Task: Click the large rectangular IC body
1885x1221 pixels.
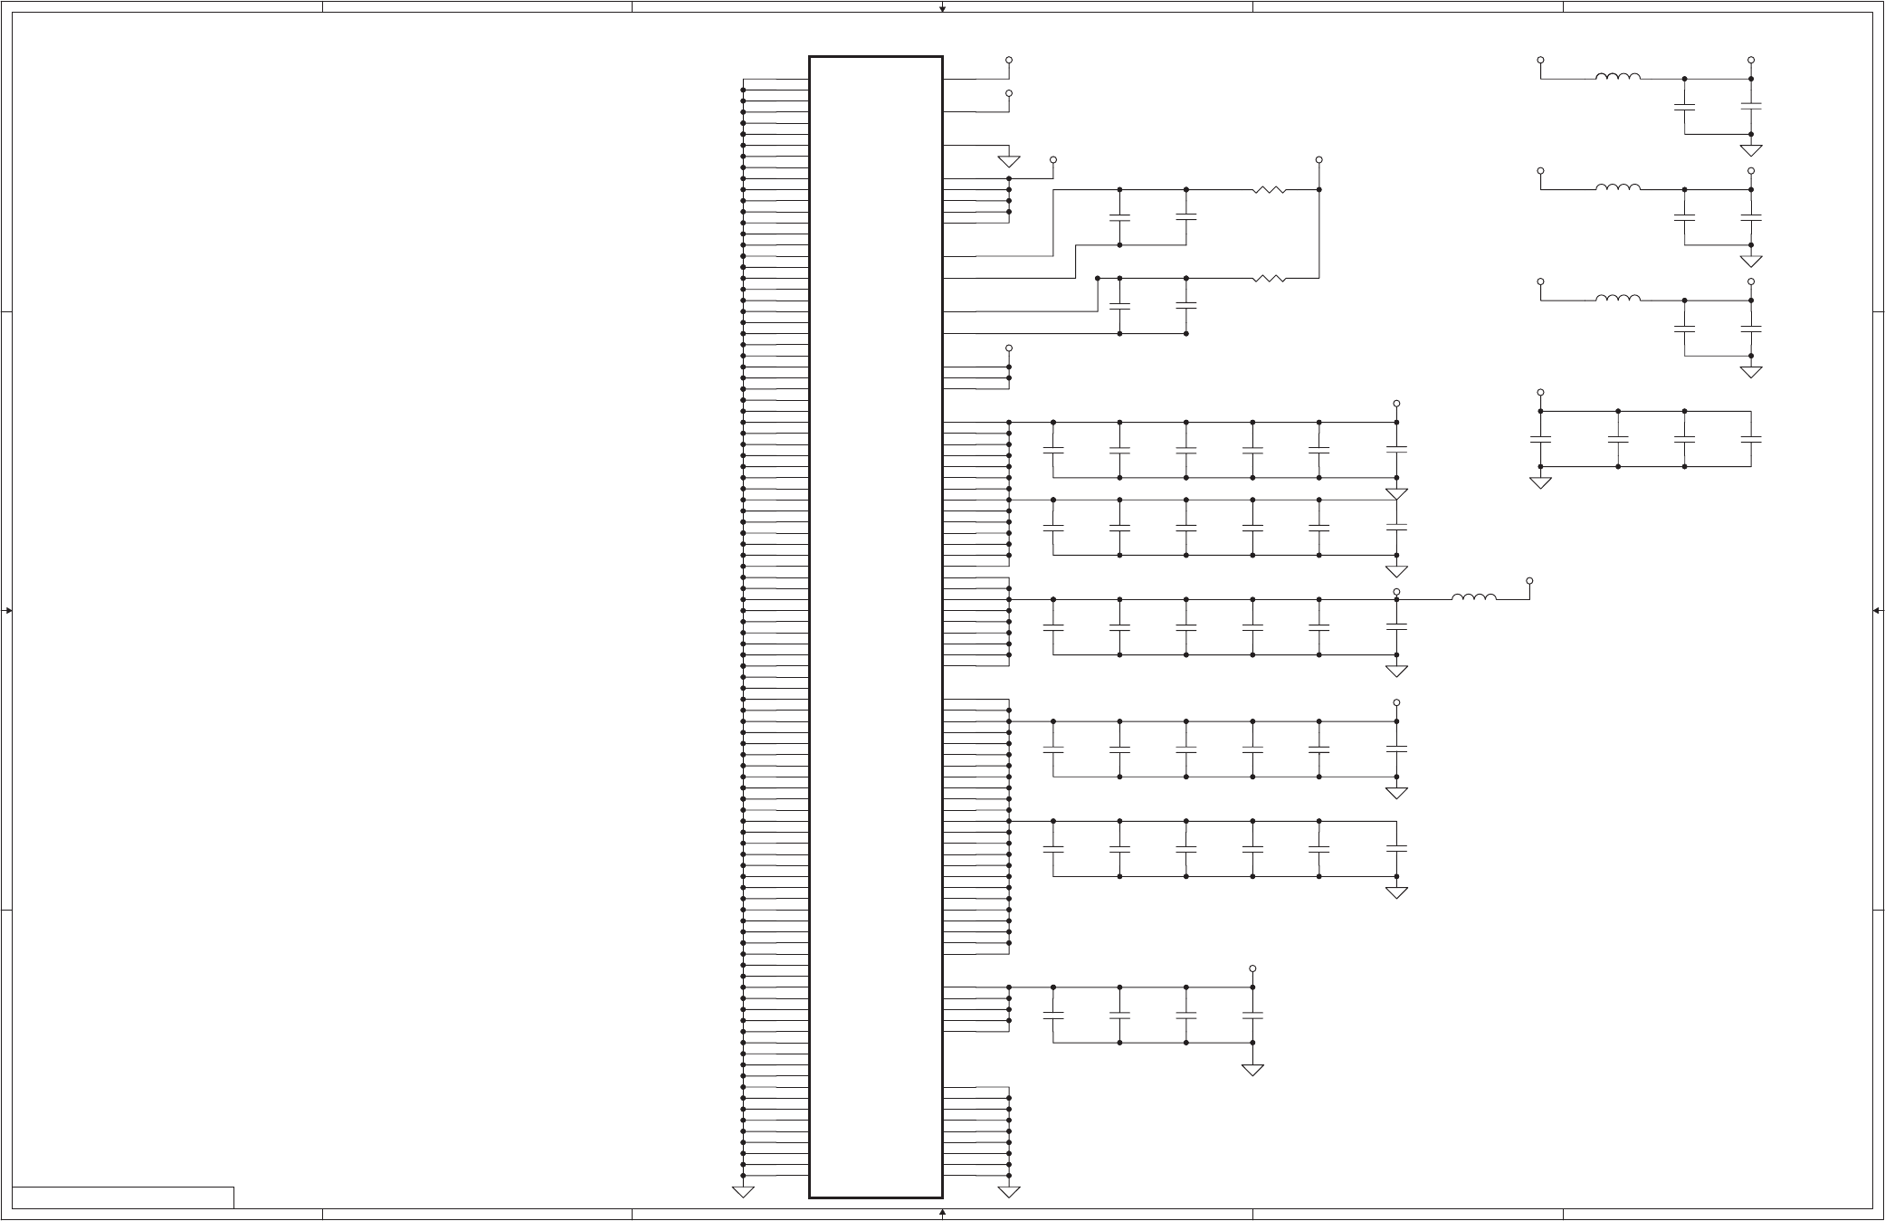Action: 875,626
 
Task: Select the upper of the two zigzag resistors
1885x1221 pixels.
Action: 1270,190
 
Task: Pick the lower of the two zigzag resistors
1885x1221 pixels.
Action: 1270,278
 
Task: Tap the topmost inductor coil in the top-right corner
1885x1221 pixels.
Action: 1618,77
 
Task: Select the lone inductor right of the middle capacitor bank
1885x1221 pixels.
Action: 1474,596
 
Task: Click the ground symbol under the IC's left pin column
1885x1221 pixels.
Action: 743,1191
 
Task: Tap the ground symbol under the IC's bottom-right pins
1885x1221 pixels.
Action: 1009,1191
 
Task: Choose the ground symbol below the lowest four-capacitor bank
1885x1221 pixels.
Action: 1252,1070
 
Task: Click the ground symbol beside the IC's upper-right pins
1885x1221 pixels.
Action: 1009,161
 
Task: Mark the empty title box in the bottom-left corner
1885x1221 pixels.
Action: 123,1197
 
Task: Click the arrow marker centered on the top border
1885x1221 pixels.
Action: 942,8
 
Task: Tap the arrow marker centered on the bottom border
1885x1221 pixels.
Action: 942,1212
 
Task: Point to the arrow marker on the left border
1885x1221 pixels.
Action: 7,611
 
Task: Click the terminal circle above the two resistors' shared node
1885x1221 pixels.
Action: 1319,159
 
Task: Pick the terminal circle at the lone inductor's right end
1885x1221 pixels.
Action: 1529,580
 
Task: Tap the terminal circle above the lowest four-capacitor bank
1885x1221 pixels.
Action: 1252,968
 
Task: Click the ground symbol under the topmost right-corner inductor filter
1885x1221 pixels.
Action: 1751,150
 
